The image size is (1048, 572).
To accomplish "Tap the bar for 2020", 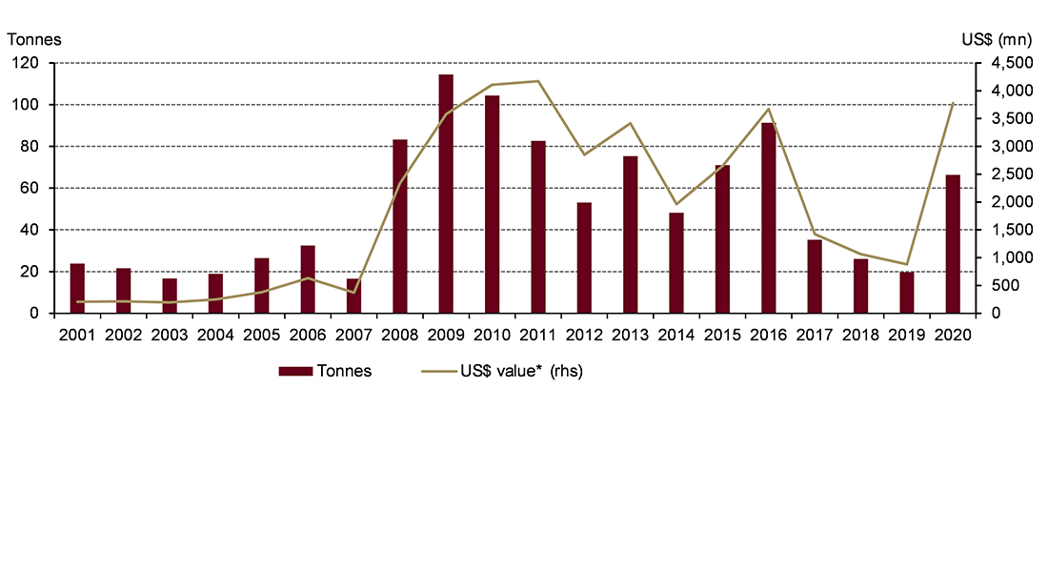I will coord(953,244).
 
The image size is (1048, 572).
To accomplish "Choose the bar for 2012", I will coord(584,257).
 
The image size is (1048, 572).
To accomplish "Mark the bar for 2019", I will coord(906,293).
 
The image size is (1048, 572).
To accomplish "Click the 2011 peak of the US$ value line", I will coord(538,81).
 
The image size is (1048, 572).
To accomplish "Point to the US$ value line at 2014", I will coord(676,204).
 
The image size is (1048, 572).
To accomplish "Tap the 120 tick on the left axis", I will coord(31,63).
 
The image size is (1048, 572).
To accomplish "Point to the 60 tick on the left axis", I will coord(35,188).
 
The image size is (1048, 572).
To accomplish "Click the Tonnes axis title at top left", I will coord(35,39).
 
